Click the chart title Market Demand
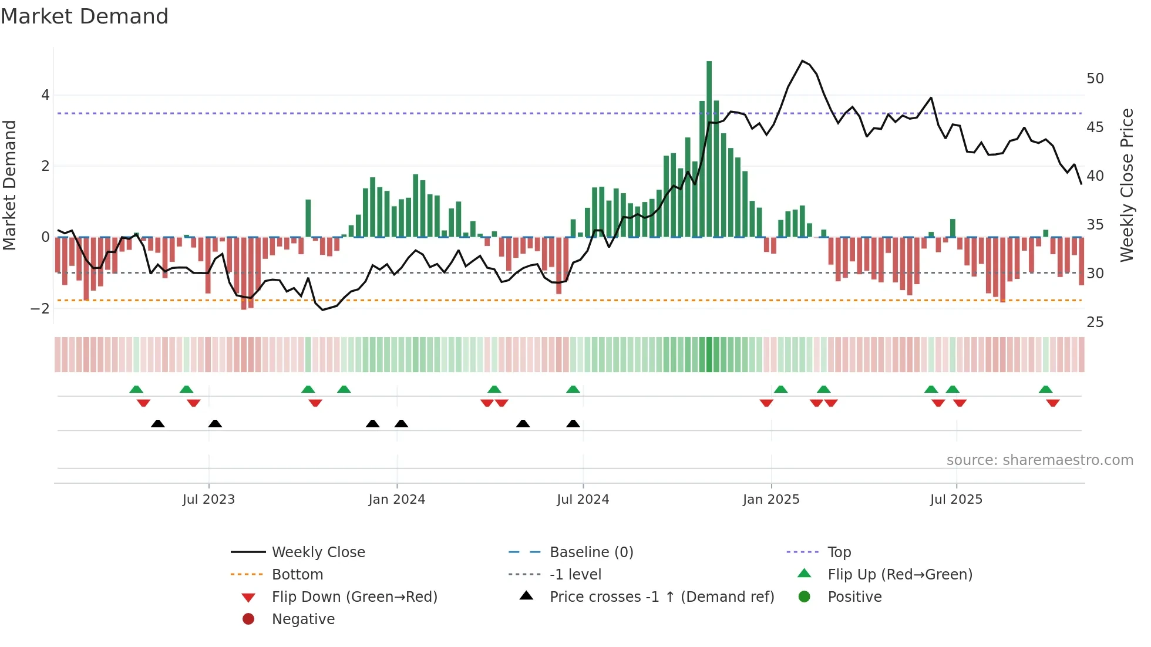[85, 16]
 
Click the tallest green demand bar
[709, 147]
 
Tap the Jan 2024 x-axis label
[396, 500]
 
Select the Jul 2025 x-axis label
[955, 500]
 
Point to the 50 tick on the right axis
[1095, 79]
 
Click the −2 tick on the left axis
[40, 309]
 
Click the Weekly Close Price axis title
[1126, 185]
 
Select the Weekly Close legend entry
[318, 552]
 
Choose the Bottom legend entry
[297, 575]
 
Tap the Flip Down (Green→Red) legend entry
[354, 597]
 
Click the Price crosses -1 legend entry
[661, 597]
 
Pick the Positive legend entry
[854, 597]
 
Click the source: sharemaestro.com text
[1039, 460]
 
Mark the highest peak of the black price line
[802, 61]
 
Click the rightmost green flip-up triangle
[1045, 389]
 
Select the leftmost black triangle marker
[157, 424]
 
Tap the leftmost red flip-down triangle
[143, 403]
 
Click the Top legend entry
[839, 552]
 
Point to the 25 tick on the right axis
[1095, 322]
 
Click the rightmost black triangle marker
[573, 424]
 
